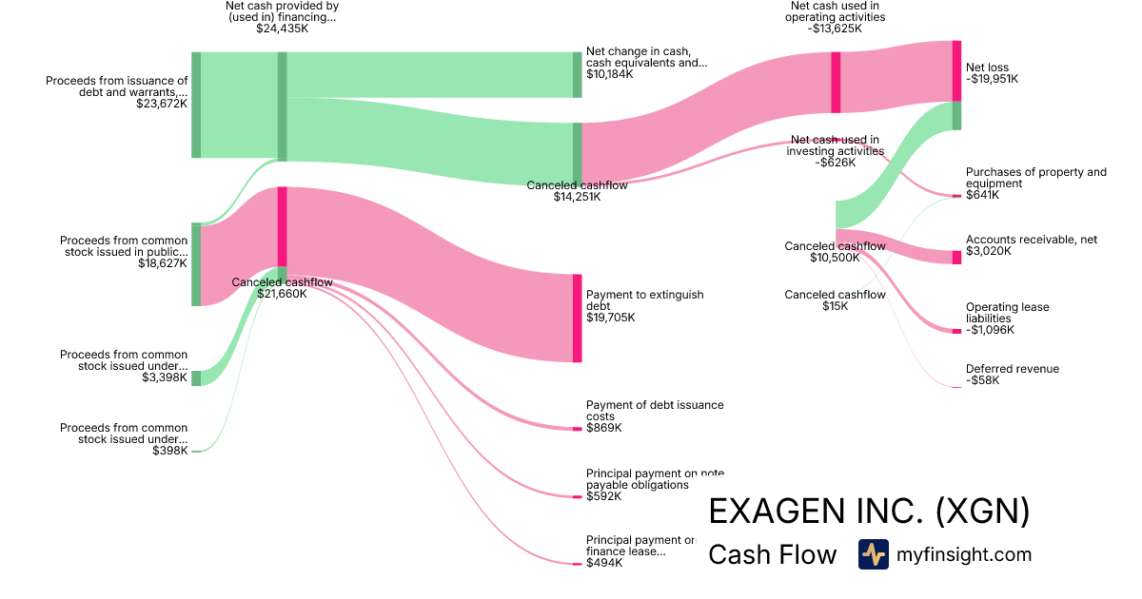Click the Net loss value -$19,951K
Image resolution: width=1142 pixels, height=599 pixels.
click(992, 80)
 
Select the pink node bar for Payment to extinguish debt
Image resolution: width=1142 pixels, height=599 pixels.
click(577, 318)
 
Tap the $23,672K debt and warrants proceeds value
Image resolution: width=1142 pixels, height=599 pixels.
click(162, 104)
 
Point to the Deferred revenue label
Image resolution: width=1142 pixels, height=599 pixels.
click(1012, 369)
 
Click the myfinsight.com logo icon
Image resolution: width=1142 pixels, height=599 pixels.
click(873, 554)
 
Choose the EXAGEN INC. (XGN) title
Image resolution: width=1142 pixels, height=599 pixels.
click(869, 512)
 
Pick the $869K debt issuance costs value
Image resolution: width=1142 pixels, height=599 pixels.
click(603, 428)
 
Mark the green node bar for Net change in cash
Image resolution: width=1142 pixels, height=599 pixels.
click(577, 74)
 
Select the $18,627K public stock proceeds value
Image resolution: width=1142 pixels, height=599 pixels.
click(162, 263)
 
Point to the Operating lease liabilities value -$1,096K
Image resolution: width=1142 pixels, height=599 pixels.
click(990, 330)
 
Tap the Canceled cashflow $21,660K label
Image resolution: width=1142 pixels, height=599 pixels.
click(282, 282)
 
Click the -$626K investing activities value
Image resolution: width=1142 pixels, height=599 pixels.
click(835, 163)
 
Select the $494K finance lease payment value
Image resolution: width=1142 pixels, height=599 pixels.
click(603, 563)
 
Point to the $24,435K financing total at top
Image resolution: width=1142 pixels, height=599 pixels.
click(282, 29)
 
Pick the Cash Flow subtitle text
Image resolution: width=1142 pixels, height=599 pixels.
click(772, 555)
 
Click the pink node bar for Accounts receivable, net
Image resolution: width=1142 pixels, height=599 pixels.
click(956, 258)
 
